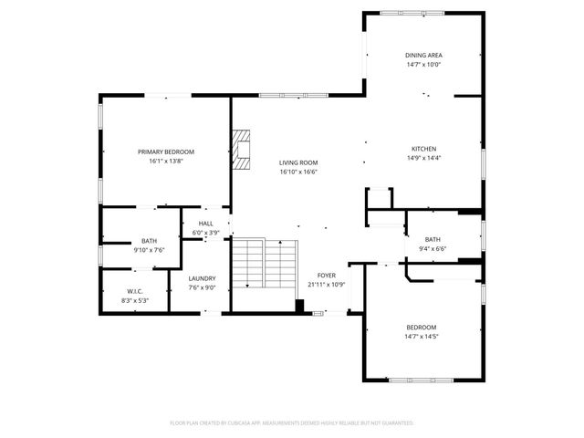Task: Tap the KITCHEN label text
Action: [422, 149]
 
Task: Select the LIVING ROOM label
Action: [298, 163]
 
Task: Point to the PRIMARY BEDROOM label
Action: [166, 151]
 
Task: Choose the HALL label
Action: [205, 224]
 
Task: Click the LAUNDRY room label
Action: [202, 278]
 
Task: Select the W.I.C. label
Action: [135, 291]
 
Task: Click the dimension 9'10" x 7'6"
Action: [149, 249]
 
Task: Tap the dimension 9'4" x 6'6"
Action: [433, 247]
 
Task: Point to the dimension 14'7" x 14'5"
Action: [422, 337]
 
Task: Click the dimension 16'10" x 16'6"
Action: [298, 172]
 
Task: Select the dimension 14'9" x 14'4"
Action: [422, 158]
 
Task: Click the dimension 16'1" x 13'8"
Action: [166, 161]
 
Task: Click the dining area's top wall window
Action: [415, 13]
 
